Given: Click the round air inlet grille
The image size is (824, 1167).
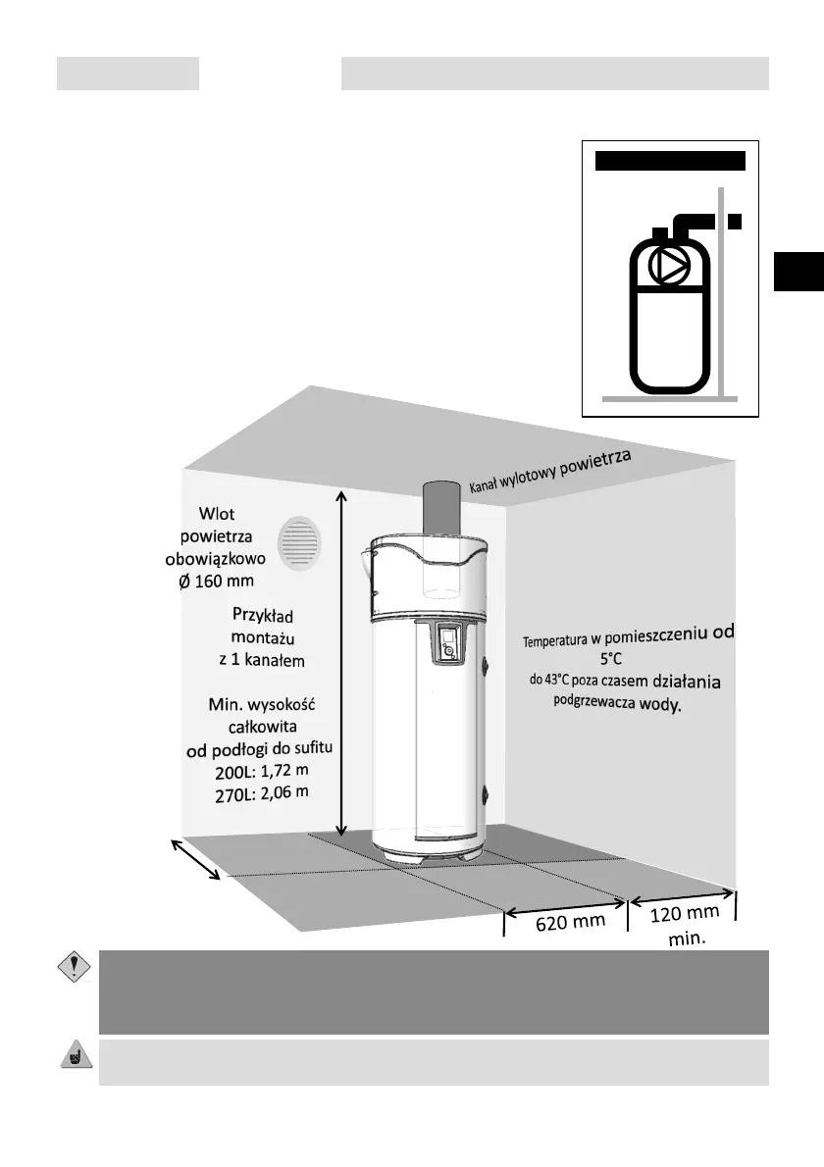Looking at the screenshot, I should [x=299, y=544].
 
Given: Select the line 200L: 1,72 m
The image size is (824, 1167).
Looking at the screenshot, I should [x=261, y=771].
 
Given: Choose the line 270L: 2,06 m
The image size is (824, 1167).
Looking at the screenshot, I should [x=261, y=791].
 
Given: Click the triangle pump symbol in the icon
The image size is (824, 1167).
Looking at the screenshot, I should [x=673, y=266].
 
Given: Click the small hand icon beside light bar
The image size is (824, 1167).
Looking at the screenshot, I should [x=72, y=1056].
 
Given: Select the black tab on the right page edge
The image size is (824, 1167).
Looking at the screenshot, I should [x=798, y=271].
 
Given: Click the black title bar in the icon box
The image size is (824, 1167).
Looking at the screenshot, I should [x=671, y=161].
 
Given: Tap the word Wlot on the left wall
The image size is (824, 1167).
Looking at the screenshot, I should [x=217, y=514].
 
